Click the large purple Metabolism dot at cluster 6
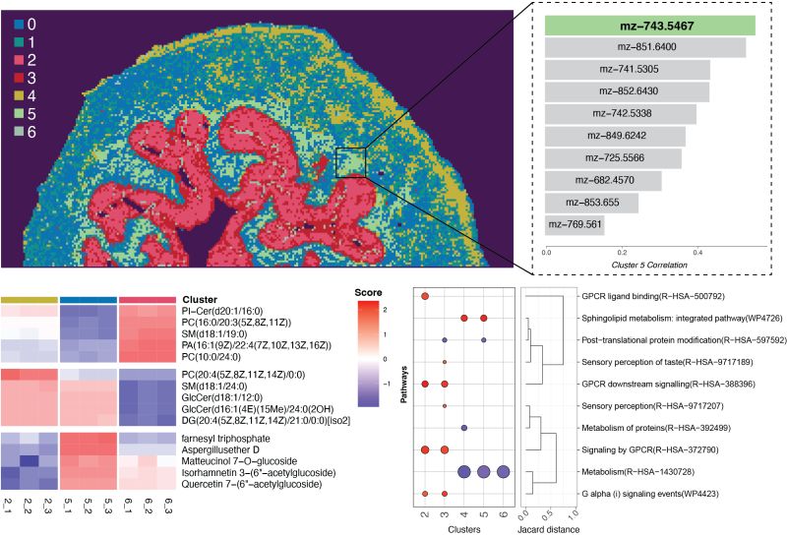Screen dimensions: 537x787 click(503, 472)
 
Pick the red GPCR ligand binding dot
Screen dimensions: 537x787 click(425, 296)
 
